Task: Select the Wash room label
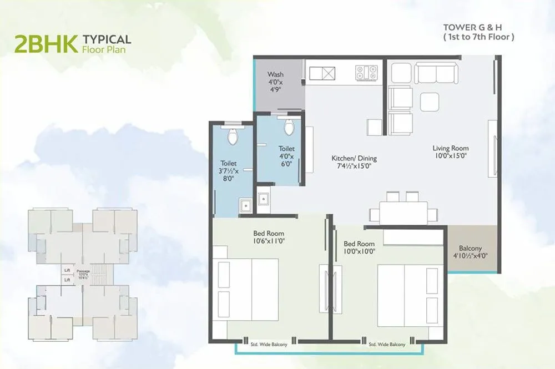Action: pyautogui.click(x=275, y=81)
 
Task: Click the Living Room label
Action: pyautogui.click(x=451, y=151)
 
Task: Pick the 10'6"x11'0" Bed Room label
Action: pyautogui.click(x=269, y=237)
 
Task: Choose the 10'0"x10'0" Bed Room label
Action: pyautogui.click(x=359, y=247)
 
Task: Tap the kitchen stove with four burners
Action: pyautogui.click(x=366, y=73)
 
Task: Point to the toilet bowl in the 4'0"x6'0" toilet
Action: pyautogui.click(x=288, y=128)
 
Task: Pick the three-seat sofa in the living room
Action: pyautogui.click(x=436, y=73)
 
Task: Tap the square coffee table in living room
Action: pyautogui.click(x=430, y=102)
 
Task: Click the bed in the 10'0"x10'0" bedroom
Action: pyautogui.click(x=403, y=295)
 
